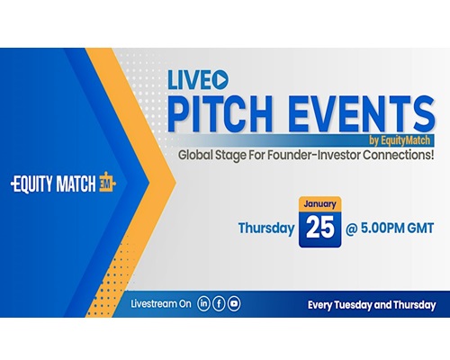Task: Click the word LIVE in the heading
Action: coord(190,80)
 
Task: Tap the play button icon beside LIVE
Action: coord(220,80)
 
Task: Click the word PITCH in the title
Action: coord(220,114)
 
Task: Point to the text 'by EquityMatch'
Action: coord(400,140)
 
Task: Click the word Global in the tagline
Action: coord(195,156)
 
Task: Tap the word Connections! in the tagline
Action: coord(399,155)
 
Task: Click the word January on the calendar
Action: coord(319,204)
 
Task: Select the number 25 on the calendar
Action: coord(320,228)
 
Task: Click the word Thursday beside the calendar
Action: coord(266,229)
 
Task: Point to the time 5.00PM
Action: coord(379,229)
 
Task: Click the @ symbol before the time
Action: coord(352,229)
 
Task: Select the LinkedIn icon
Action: coord(203,303)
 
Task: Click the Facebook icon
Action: coord(219,303)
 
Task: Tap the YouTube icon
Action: coord(234,303)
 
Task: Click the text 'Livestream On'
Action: coord(161,304)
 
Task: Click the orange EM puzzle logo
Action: coord(107,182)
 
